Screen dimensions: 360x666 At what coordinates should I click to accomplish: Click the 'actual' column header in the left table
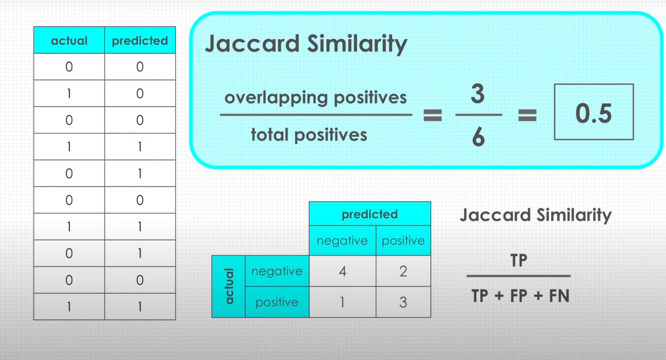[x=69, y=41]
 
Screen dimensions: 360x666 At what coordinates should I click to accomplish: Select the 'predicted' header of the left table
[x=140, y=41]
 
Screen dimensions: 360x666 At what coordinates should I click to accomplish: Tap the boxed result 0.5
[x=593, y=113]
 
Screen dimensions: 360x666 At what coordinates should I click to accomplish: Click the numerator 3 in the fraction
[x=477, y=94]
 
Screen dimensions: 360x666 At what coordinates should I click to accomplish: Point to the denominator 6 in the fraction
[x=478, y=137]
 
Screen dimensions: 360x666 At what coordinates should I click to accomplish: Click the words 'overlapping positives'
[x=315, y=97]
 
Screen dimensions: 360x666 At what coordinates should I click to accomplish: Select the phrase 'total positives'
[x=309, y=135]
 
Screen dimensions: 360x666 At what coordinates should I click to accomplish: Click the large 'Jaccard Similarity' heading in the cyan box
[x=306, y=44]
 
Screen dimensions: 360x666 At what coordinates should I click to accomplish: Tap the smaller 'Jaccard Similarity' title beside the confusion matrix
[x=535, y=215]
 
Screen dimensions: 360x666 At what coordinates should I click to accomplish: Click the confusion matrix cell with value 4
[x=342, y=271]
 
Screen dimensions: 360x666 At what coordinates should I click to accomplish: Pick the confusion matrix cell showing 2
[x=403, y=271]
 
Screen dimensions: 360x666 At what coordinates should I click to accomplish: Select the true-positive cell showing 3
[x=403, y=302]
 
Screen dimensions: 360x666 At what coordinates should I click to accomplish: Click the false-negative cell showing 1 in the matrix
[x=342, y=302]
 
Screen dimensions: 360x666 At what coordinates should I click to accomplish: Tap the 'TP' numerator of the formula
[x=518, y=260]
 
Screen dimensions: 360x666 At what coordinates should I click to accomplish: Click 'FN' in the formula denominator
[x=559, y=296]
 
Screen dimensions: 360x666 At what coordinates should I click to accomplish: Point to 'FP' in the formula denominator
[x=519, y=296]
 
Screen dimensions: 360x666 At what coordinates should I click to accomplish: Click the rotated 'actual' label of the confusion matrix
[x=229, y=286]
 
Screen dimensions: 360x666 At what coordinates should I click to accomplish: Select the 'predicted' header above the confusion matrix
[x=369, y=214]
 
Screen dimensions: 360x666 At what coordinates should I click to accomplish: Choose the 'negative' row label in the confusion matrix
[x=277, y=271]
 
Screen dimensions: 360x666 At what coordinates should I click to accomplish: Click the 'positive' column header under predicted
[x=403, y=241]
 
